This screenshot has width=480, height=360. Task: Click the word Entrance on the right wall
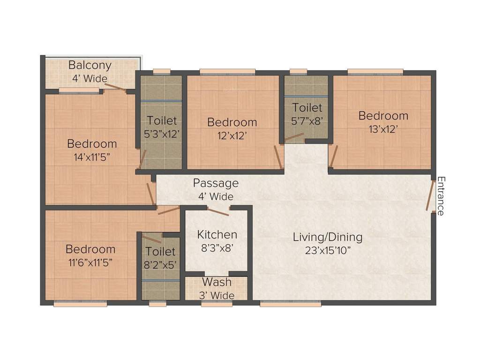(441, 196)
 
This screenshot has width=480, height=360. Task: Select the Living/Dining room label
(328, 237)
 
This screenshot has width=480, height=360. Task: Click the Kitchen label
(217, 234)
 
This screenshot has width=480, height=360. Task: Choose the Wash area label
(217, 282)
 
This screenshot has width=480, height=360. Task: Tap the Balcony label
(90, 65)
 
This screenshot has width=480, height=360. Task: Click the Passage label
(216, 183)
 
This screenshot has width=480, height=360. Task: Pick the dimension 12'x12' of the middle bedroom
(232, 135)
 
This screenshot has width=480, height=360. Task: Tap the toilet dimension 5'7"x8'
(307, 120)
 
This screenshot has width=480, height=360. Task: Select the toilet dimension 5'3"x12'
(161, 133)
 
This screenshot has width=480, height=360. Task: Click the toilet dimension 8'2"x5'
(160, 264)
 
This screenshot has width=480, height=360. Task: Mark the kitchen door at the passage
(218, 212)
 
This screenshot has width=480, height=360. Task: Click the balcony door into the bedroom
(115, 87)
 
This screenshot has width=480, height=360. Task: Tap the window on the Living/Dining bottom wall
(291, 304)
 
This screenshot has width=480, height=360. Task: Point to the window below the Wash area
(217, 304)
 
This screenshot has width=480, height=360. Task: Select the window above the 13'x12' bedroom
(375, 72)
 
